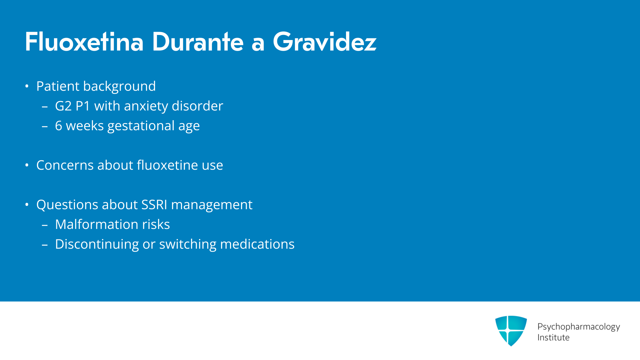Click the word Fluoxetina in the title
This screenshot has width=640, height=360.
[84, 42]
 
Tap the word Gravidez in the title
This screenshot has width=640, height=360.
[325, 42]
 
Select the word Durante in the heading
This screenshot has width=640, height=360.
[198, 42]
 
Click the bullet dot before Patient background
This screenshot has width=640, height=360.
[27, 86]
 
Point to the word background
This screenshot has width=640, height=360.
[119, 86]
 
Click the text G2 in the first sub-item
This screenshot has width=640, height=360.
[63, 106]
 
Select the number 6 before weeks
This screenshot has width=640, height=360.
[59, 126]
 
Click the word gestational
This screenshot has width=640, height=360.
[141, 126]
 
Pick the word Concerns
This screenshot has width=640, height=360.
[65, 165]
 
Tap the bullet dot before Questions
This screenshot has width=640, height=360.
[27, 205]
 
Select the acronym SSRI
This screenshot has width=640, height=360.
[154, 205]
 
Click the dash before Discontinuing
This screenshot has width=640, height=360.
[45, 245]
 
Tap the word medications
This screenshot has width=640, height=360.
[257, 244]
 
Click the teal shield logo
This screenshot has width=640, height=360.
[511, 331]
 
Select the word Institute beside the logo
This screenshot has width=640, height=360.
[553, 337]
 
